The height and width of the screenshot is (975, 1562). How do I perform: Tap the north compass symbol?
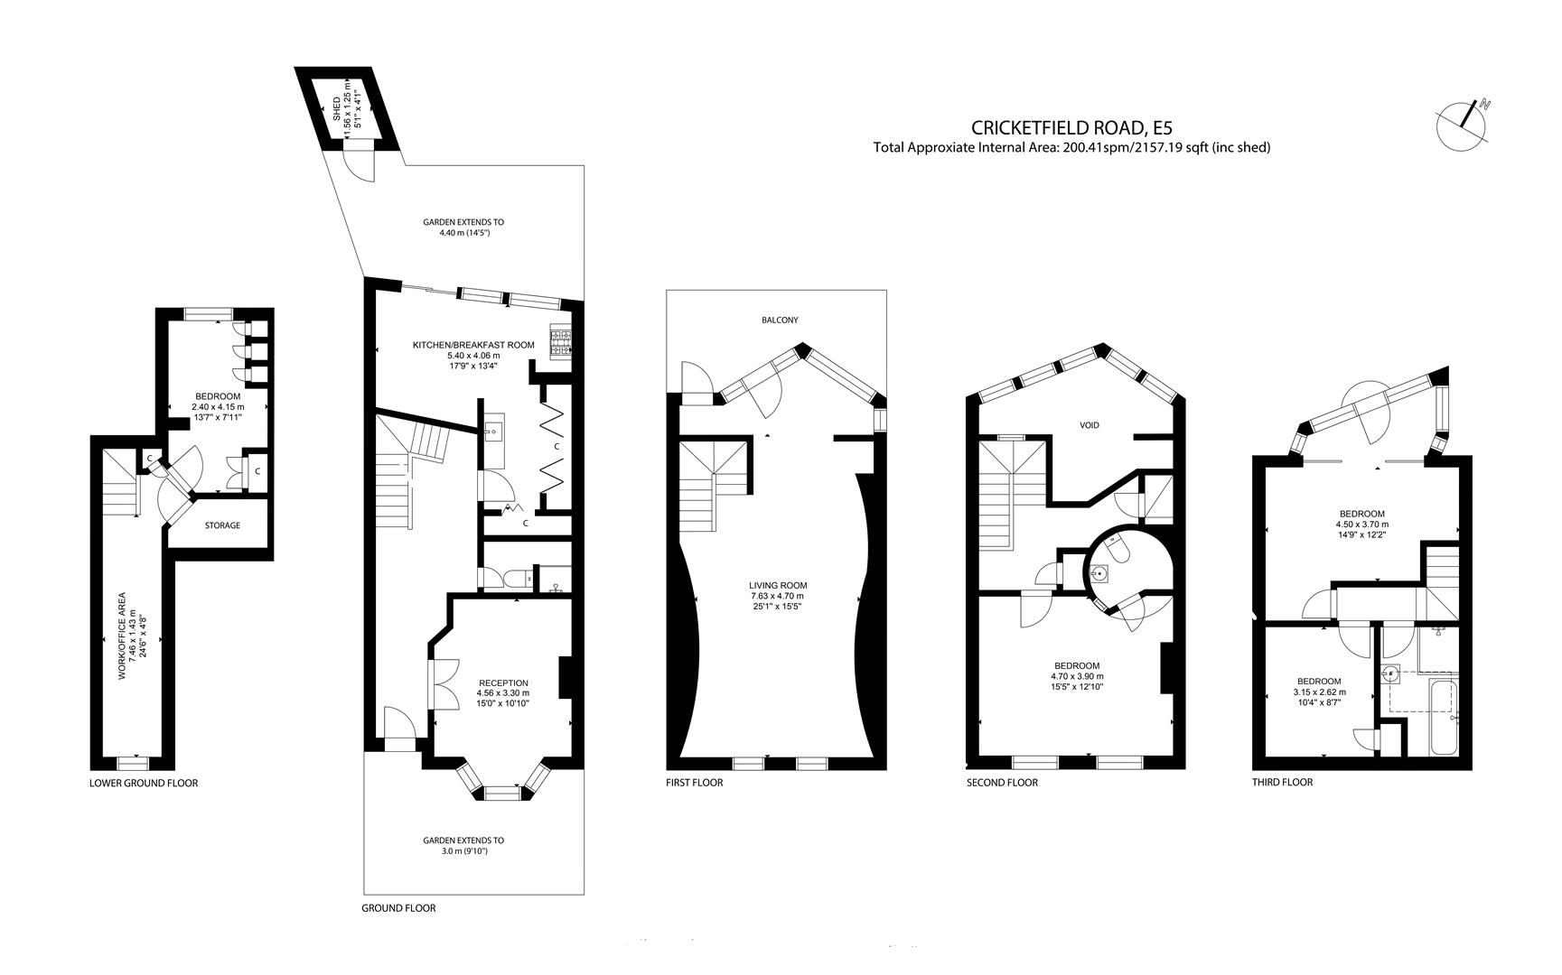coord(1464,124)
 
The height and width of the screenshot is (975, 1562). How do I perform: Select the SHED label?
coord(337,110)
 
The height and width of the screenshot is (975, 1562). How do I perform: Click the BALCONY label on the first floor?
coord(780,320)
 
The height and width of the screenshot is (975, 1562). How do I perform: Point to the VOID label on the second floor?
coord(1090,424)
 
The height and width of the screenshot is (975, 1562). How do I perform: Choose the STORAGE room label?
coord(222,525)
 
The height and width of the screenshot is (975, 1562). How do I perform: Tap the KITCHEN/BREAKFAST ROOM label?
coord(473,345)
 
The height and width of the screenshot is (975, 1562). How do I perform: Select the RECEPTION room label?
coord(503,682)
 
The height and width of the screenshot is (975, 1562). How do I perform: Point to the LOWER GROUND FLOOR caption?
coord(144,783)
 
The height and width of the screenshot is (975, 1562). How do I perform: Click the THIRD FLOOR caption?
coord(1282,782)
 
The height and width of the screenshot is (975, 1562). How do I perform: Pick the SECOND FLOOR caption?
coord(1002,783)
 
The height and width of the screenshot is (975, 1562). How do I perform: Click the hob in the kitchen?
coord(560,342)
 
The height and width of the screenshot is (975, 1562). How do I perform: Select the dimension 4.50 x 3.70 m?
coord(1361,524)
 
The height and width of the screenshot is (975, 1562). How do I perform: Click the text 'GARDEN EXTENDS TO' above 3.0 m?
coord(463,840)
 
